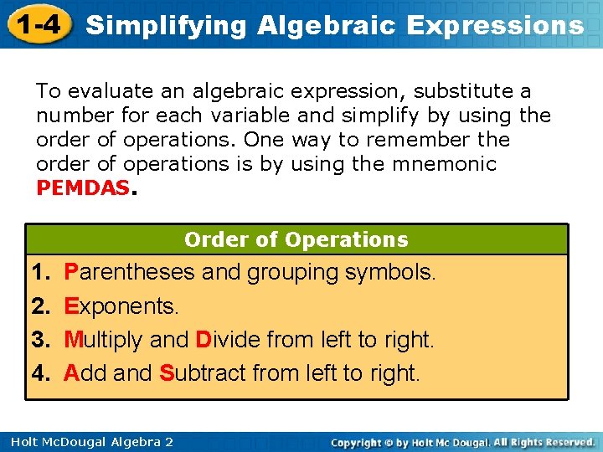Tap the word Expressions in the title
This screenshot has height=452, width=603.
[495, 25]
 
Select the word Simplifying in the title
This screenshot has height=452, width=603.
[167, 25]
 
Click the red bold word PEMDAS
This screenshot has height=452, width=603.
[83, 188]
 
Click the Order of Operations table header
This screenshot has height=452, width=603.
[296, 240]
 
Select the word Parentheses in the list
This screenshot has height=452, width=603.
[128, 273]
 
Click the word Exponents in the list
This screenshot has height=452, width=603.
[121, 306]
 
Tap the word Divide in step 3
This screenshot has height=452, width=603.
[232, 340]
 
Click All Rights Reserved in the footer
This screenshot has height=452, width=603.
[544, 442]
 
